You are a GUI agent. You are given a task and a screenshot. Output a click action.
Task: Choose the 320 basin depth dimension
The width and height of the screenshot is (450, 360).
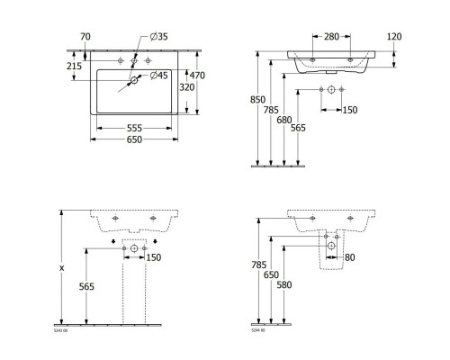click(188, 88)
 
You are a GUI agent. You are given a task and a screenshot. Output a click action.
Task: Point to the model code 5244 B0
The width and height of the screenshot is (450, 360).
click(257, 332)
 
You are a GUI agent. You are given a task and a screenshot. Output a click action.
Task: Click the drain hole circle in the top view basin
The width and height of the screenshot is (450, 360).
click(133, 82)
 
